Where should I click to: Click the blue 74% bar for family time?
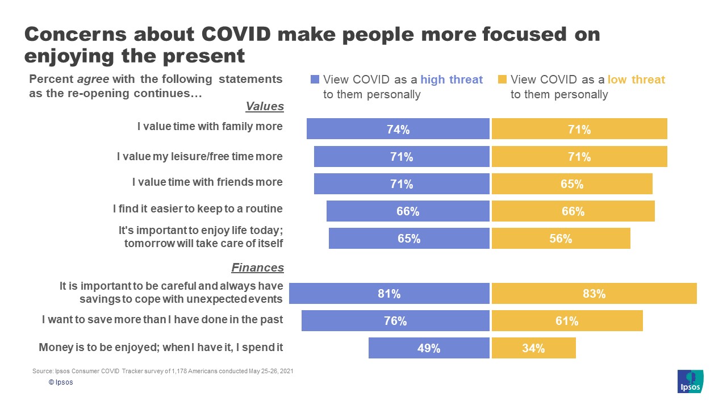[x=398, y=129]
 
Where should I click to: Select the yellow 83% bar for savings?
[x=594, y=294]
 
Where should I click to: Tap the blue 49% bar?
[x=429, y=348]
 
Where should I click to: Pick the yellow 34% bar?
[x=533, y=348]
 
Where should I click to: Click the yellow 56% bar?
[x=561, y=239]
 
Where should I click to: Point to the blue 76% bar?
[x=395, y=321]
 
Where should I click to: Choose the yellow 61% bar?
[x=567, y=321]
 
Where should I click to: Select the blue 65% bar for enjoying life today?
[x=409, y=239]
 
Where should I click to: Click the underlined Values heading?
[x=264, y=106]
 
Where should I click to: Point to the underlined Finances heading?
[x=257, y=268]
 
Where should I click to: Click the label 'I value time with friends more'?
[x=207, y=182]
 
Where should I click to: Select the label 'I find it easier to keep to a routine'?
[x=198, y=209]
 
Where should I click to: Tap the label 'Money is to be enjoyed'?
[x=161, y=347]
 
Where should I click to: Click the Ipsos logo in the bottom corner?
[x=690, y=381]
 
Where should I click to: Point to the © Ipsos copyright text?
[x=61, y=382]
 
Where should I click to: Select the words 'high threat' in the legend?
[x=452, y=80]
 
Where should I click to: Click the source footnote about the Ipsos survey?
[x=163, y=371]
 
